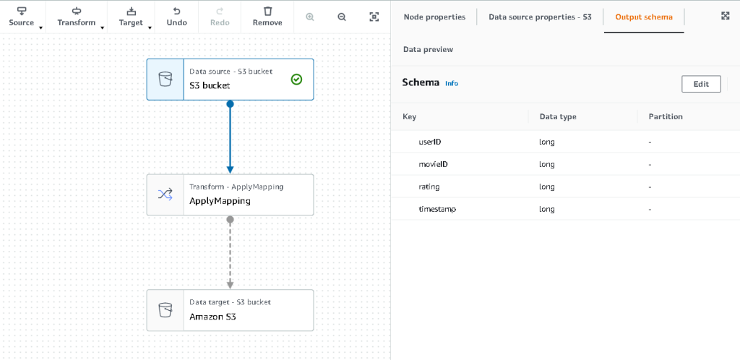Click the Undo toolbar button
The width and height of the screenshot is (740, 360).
pos(177,16)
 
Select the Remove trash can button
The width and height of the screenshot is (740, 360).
pos(267,16)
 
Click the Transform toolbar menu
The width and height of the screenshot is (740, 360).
pos(77,16)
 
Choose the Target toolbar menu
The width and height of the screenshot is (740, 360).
pos(131,16)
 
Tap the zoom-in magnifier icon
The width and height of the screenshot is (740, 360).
pos(310,17)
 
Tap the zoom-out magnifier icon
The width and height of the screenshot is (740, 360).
pos(342,17)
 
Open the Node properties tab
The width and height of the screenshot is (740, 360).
pos(434,17)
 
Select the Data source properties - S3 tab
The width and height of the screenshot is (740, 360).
pos(540,17)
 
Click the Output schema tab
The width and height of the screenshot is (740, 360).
pos(643,17)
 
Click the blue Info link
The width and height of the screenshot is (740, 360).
pos(452,84)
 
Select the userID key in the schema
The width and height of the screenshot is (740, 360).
pos(430,142)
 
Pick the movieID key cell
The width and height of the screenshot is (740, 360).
pos(434,164)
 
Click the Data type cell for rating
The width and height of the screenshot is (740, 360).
pos(547,187)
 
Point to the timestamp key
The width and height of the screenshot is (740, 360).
pos(437,209)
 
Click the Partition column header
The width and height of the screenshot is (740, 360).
pos(666,116)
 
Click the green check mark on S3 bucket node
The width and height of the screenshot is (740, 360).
pos(296,80)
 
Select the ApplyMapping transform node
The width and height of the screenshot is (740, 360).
pos(230,194)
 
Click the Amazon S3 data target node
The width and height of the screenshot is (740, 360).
pos(230,310)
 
